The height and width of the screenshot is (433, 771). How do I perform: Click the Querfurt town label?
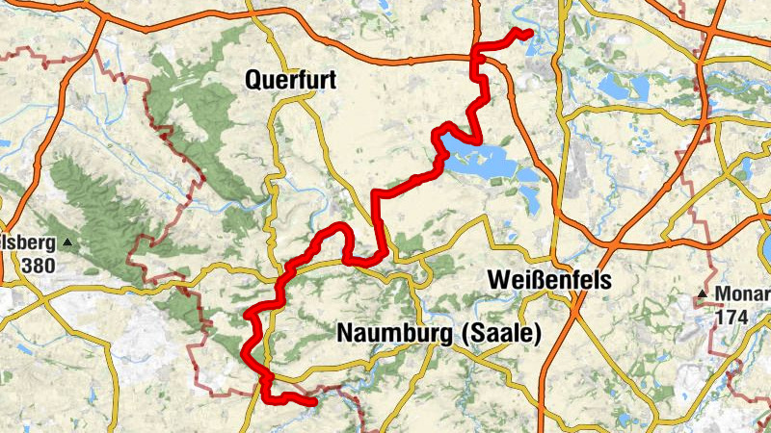click(x=290, y=82)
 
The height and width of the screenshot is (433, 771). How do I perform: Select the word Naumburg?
click(x=395, y=333)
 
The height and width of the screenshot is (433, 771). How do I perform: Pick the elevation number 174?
click(x=731, y=315)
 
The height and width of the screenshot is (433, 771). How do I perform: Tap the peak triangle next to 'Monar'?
click(x=705, y=293)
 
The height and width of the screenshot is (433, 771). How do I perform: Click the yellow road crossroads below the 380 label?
click(x=42, y=299)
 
